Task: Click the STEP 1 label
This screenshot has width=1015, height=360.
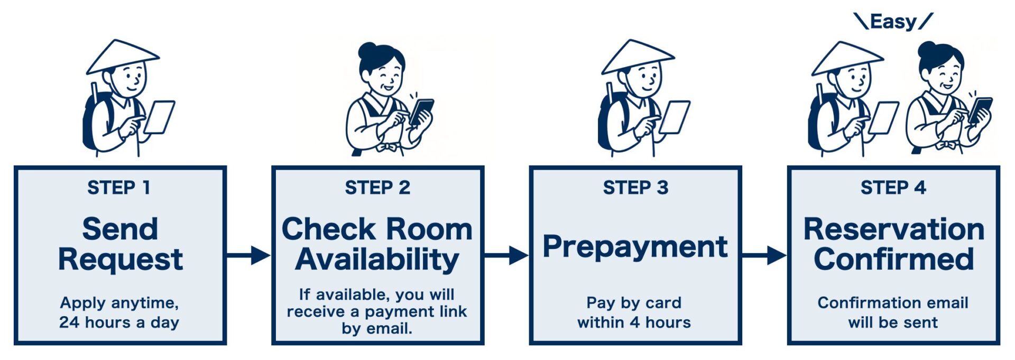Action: pos(119,188)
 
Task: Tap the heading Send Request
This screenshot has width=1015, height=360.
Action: pos(121,244)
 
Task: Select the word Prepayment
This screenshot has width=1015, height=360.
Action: pos(635,247)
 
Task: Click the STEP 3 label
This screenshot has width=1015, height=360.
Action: pos(635,188)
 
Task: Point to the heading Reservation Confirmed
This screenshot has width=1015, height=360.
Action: pos(893,244)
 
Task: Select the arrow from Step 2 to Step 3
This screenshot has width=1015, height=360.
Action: pos(506,255)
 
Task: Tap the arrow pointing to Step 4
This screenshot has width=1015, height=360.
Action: pos(764,255)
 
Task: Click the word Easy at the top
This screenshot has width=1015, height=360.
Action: pos(893,22)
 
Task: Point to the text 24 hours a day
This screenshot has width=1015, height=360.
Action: pos(119,322)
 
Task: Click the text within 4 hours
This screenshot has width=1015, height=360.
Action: pos(634,322)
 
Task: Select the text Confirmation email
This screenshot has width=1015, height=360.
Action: pos(893,303)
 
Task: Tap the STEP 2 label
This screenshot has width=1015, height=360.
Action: pos(377,188)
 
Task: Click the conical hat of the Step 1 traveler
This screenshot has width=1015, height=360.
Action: pos(123,56)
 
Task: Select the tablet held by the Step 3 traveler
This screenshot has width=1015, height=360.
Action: pos(675,117)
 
